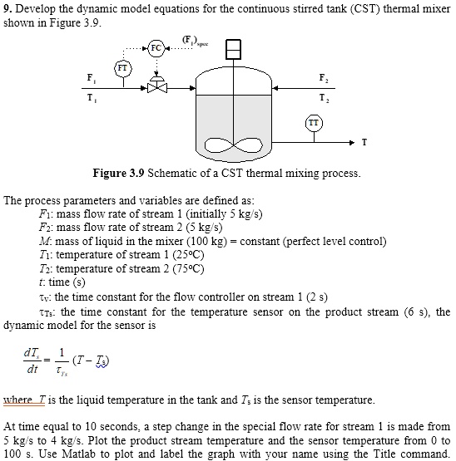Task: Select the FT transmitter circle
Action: pos(123,67)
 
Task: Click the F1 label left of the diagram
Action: pos(90,77)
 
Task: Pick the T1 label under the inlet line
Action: pos(90,96)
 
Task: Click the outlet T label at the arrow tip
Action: pos(364,143)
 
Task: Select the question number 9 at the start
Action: pos(7,7)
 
